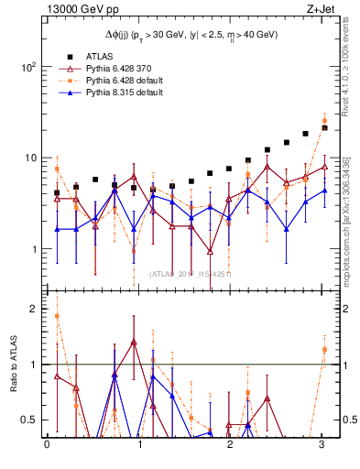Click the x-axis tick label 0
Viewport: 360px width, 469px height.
[47, 446]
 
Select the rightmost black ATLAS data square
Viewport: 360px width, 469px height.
[324, 128]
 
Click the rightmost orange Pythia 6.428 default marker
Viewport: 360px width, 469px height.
[324, 120]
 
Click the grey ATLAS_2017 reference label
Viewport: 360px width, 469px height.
[191, 274]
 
